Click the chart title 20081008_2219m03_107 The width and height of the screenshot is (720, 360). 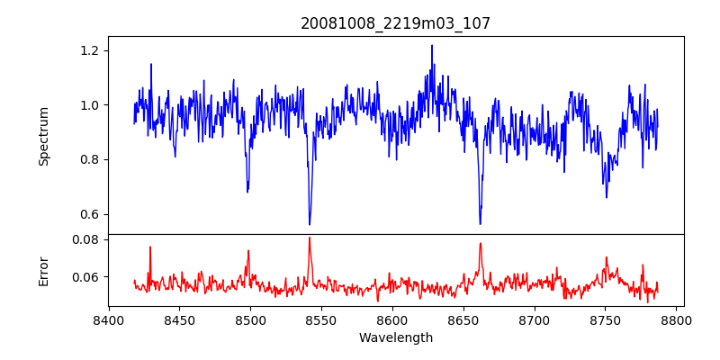point(396,23)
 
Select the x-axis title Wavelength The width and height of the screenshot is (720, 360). point(396,337)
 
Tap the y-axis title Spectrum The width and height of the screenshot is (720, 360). point(43,136)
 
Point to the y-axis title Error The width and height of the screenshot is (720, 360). point(43,271)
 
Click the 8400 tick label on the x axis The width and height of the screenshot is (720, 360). point(108,319)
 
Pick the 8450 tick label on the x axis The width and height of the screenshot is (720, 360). point(179,319)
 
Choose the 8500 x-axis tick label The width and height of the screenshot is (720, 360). point(250,319)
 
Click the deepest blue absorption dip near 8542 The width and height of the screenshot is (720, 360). point(310,224)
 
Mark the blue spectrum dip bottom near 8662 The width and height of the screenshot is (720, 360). point(480,223)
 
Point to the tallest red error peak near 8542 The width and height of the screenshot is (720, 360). point(310,238)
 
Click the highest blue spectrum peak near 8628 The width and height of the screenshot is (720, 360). point(432,45)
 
